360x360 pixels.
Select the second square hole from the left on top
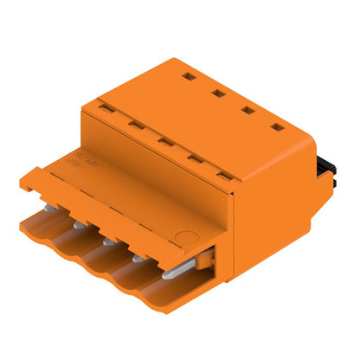click(218, 89)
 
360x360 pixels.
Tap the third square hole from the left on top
click(247, 108)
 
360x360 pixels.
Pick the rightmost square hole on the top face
click(277, 128)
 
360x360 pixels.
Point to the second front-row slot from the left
click(136, 125)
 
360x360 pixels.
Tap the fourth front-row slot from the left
click(195, 157)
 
